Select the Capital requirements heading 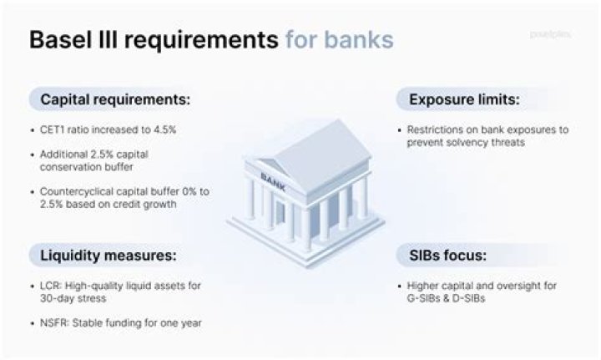click(115, 99)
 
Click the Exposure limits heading click(465, 99)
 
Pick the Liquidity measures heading click(109, 256)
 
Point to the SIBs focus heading click(447, 256)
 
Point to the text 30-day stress click(73, 298)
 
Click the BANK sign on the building click(273, 182)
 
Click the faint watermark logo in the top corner click(550, 34)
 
